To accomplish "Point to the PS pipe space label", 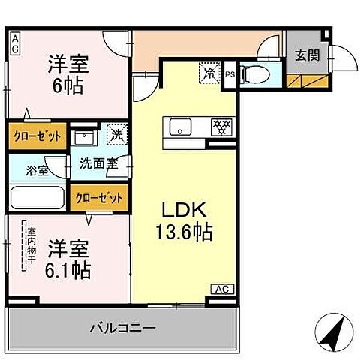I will tap(230, 74).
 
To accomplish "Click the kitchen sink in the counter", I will tap(180, 127).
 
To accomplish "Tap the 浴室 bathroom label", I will tap(38, 170).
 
